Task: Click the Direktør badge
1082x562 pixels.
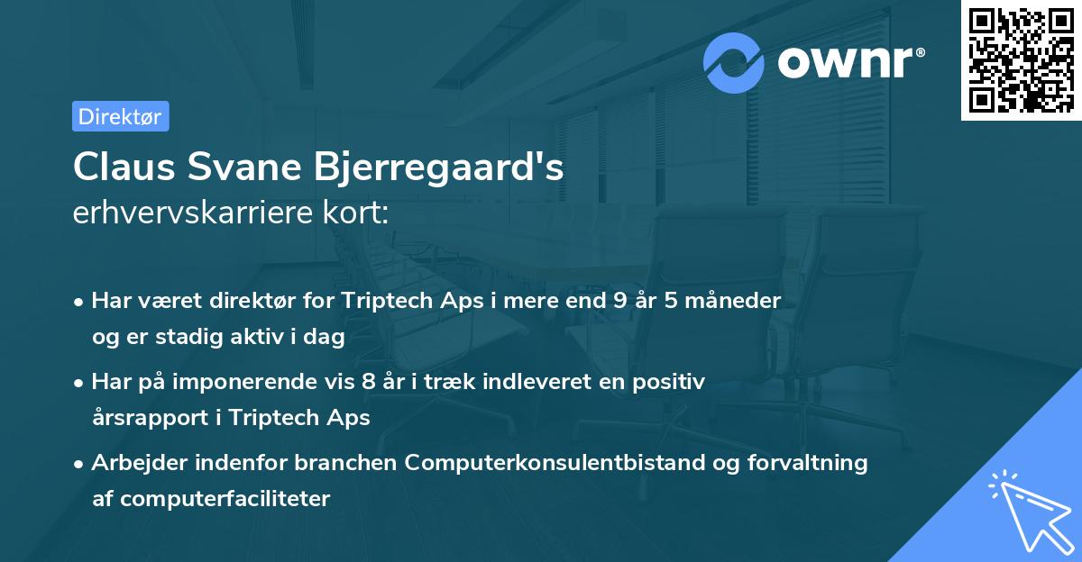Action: (x=120, y=116)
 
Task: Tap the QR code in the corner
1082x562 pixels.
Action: (x=1021, y=60)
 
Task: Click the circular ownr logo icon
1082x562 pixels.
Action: (x=734, y=62)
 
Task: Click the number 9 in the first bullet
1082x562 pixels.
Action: (x=619, y=300)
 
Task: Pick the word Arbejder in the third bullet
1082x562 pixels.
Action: (x=132, y=463)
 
